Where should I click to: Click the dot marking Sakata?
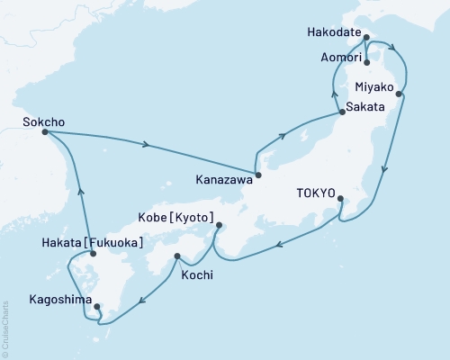pyautogui.click(x=340, y=112)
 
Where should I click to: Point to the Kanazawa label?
pyautogui.click(x=222, y=179)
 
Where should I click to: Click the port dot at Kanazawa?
pyautogui.click(x=258, y=175)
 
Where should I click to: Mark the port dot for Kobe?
pyautogui.click(x=219, y=226)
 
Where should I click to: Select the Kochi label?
pyautogui.click(x=196, y=274)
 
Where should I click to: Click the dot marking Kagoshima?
pyautogui.click(x=97, y=307)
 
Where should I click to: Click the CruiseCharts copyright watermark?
pyautogui.click(x=7, y=328)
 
